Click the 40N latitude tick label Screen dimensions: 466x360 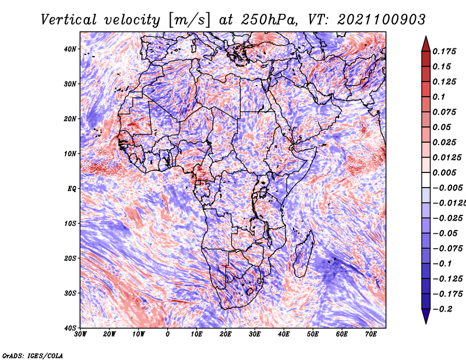coord(70,49)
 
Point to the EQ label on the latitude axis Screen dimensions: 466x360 coord(72,189)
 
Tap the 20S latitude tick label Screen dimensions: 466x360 coord(70,258)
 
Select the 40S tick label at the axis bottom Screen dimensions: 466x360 coord(70,328)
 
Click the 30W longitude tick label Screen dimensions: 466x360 coord(80,334)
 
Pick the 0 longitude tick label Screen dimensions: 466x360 coord(168,334)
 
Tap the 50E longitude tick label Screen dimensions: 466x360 coord(313,334)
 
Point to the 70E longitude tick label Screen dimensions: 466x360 coord(371,334)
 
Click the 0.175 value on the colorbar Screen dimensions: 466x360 coord(444,51)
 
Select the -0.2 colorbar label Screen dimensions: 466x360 coord(443,309)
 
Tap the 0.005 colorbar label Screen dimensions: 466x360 coord(444,172)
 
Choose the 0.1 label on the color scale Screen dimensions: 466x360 coord(439,97)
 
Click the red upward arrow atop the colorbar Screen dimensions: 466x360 coord(426,44)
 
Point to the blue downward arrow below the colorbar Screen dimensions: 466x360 coord(426,316)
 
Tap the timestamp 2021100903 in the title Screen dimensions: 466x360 coord(382,20)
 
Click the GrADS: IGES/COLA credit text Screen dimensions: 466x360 coord(33,356)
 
